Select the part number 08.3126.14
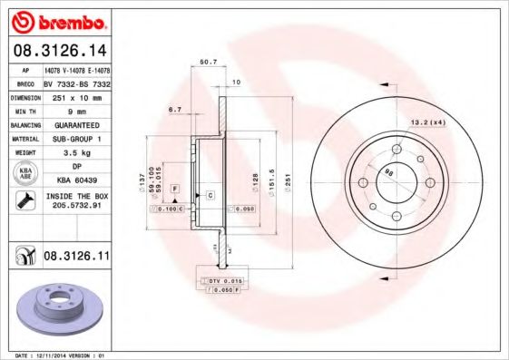click(x=58, y=51)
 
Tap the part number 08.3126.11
click(x=76, y=258)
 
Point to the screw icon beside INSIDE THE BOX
click(x=20, y=200)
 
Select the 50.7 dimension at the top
click(x=207, y=63)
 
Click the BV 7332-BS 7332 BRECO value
click(x=76, y=82)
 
